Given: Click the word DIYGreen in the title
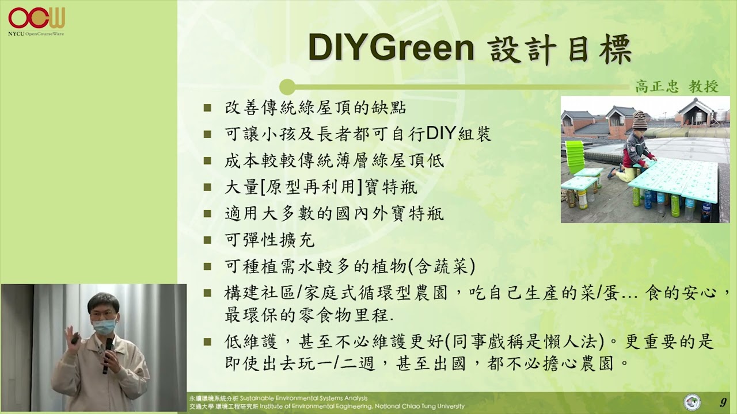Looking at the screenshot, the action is point(391,48).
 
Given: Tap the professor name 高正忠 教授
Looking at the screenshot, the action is point(677,87).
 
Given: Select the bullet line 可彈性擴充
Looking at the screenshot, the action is point(269,240).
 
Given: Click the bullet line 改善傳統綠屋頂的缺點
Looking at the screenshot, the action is point(316,108).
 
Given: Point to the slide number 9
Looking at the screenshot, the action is point(723,402).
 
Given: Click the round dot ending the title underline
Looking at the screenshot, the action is point(287,87).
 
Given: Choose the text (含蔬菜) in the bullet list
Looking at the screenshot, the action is point(442,266).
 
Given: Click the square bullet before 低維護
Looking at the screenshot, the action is point(207,342).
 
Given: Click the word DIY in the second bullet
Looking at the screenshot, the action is point(440,134).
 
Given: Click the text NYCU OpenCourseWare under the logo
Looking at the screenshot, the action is point(36,34).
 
